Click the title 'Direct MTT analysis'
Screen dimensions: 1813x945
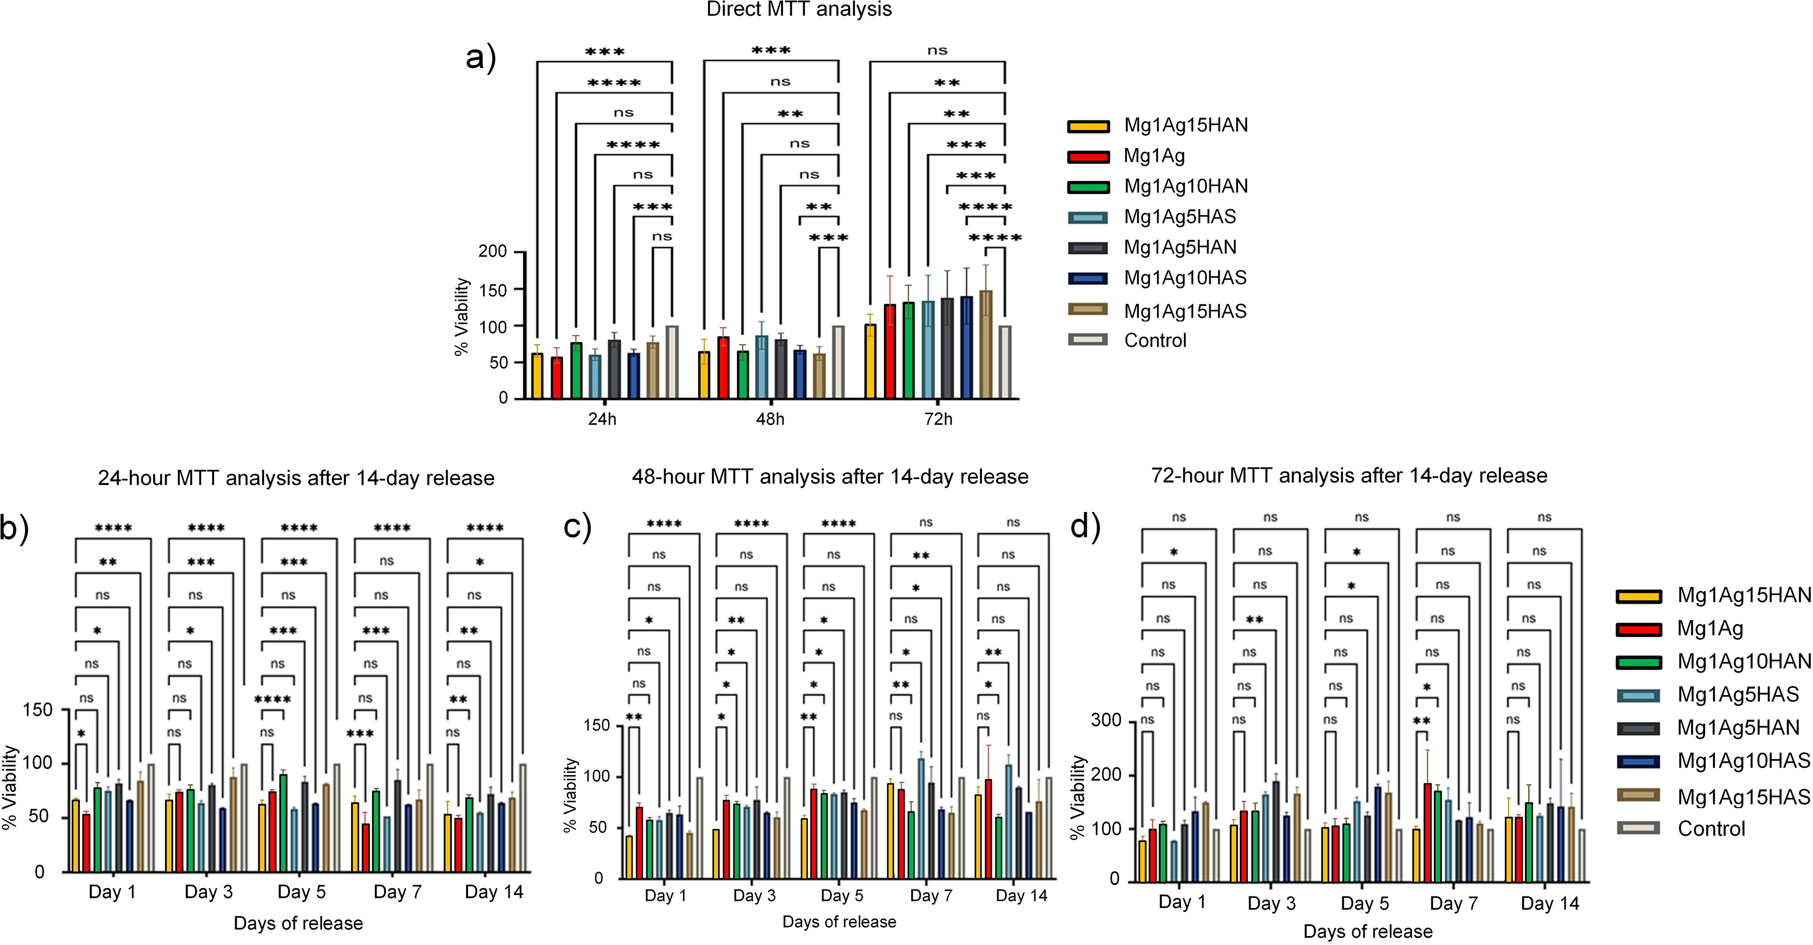coord(799,9)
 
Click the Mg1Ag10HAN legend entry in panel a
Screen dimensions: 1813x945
coord(1158,187)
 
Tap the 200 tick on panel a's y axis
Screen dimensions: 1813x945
coord(492,251)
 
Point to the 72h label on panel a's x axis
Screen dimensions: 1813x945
coord(938,419)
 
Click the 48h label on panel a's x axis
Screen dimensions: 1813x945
coord(770,419)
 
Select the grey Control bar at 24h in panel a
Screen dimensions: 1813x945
coord(672,362)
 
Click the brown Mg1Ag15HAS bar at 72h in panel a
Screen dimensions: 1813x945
coord(985,345)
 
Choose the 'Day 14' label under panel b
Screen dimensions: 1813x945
coord(494,892)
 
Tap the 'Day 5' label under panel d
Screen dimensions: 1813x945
coord(1365,903)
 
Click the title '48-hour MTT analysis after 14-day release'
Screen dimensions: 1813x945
coord(830,477)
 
